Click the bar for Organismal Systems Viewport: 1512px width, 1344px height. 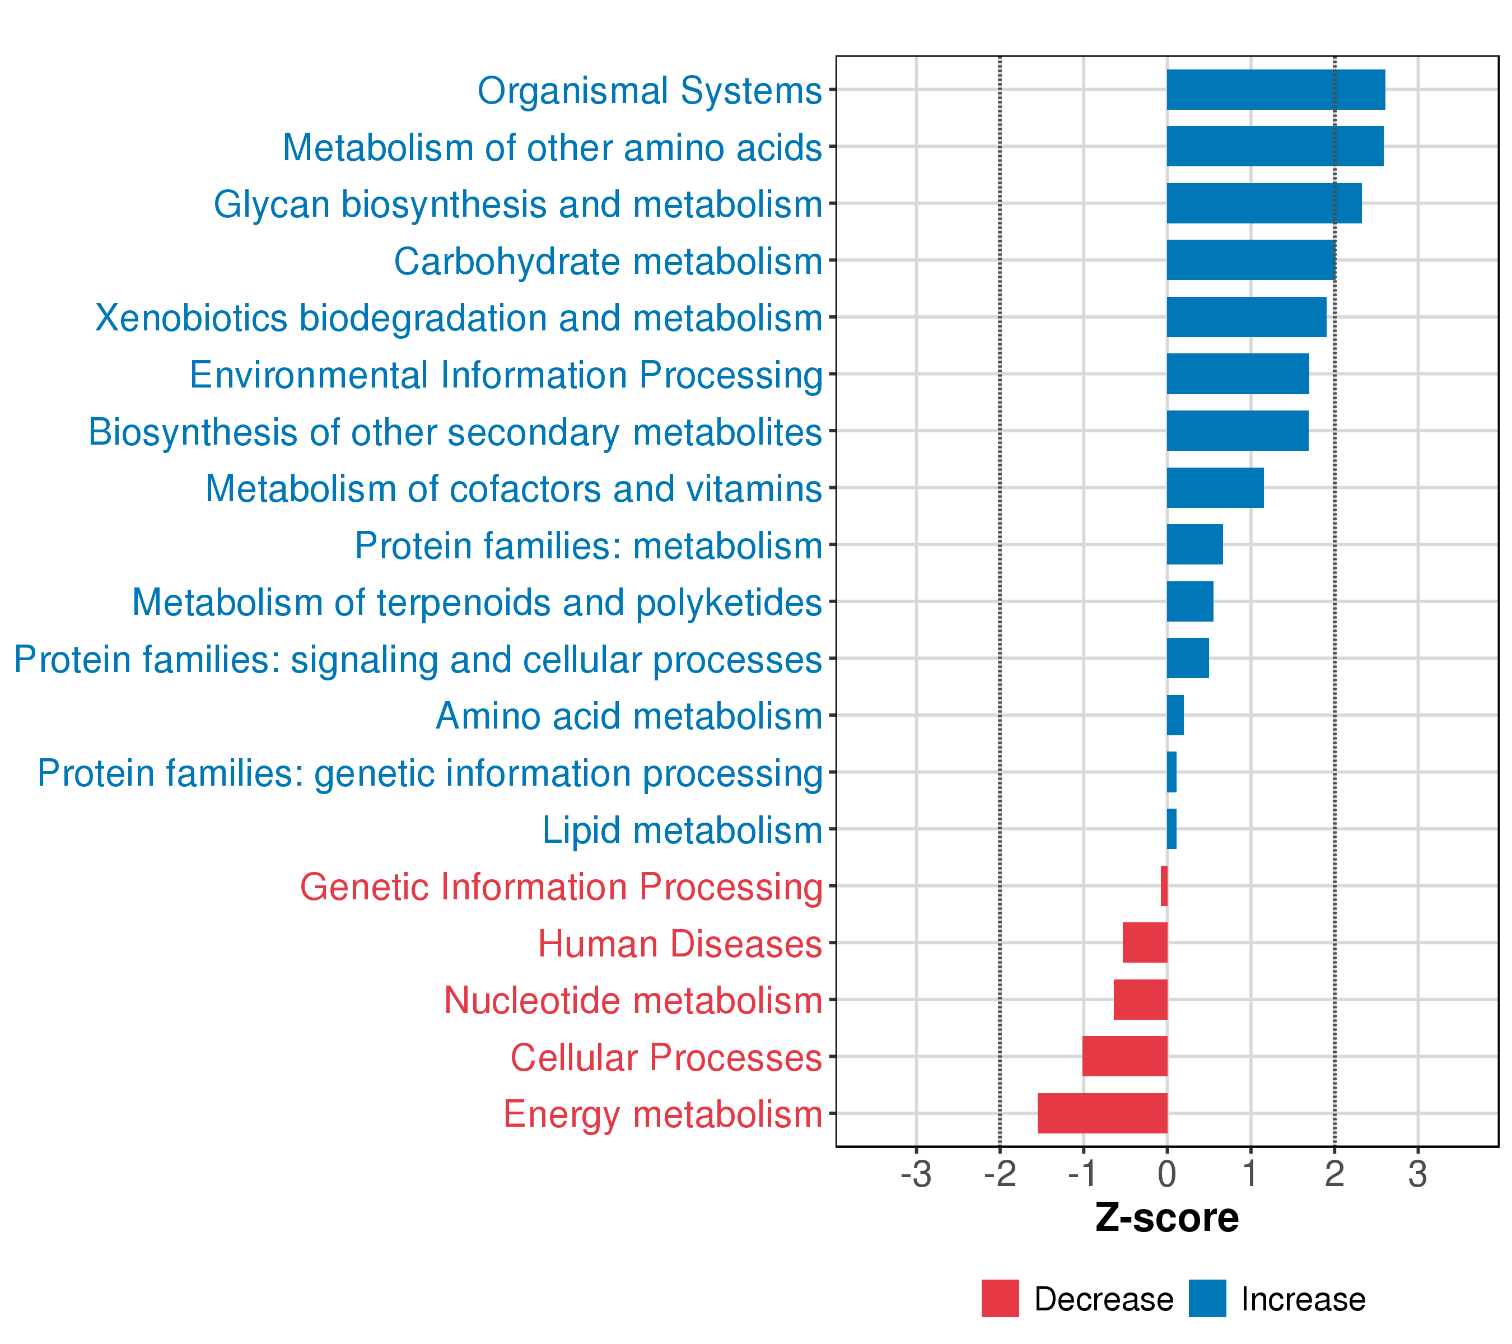click(1276, 90)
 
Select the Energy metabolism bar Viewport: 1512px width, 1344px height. click(1102, 1113)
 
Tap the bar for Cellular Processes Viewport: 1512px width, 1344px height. click(1124, 1056)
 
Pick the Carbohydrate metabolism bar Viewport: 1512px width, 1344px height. click(1252, 260)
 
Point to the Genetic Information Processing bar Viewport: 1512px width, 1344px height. click(1164, 886)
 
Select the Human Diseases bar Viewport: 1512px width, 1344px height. click(1145, 943)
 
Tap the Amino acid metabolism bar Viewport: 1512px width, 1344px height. click(1175, 715)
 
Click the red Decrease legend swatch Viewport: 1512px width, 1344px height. click(1000, 1299)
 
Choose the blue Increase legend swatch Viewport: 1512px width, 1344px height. click(1208, 1299)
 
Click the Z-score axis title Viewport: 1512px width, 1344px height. click(1167, 1218)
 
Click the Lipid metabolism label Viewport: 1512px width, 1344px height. click(682, 830)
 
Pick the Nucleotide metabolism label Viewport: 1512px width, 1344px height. click(633, 1001)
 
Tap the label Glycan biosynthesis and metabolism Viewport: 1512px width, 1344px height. click(518, 205)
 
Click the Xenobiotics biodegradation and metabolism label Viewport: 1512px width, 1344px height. click(459, 319)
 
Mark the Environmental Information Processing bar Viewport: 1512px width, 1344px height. click(1238, 374)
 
